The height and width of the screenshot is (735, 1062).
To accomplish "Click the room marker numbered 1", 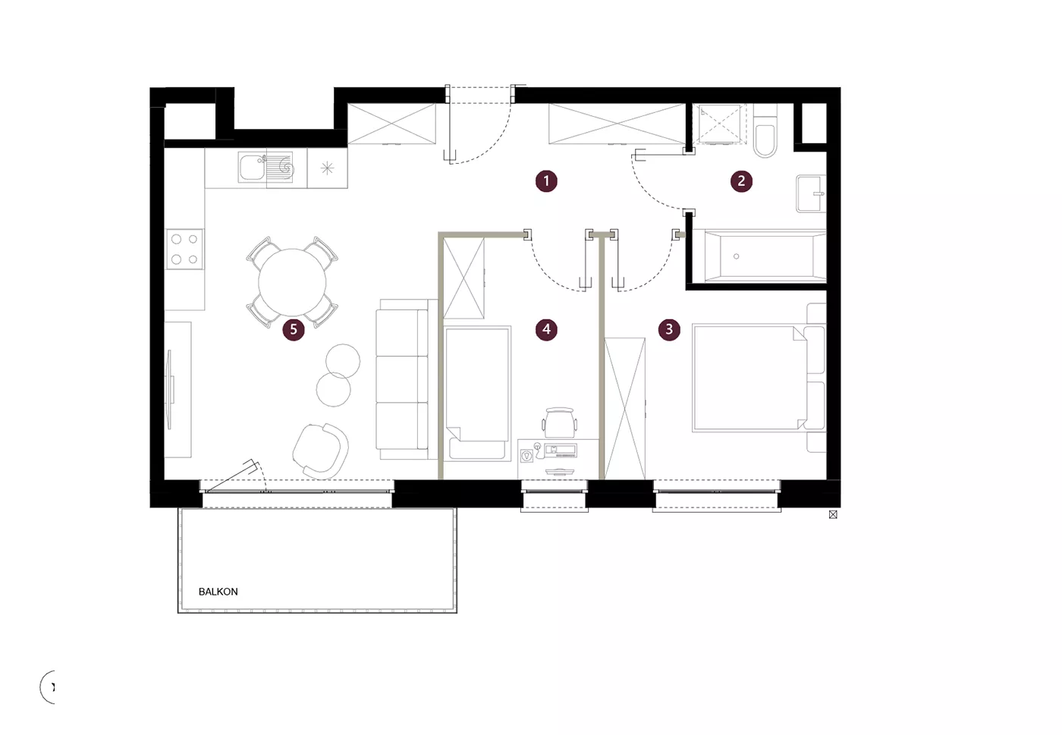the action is pyautogui.click(x=546, y=181).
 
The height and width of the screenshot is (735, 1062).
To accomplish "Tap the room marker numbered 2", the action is pyautogui.click(x=742, y=181).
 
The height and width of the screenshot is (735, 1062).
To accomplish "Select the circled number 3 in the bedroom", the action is pyautogui.click(x=669, y=329).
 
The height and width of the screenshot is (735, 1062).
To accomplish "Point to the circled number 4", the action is pyautogui.click(x=546, y=329).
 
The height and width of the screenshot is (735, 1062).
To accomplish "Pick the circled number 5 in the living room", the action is pyautogui.click(x=294, y=329).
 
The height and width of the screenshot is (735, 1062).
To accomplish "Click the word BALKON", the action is pyautogui.click(x=218, y=592).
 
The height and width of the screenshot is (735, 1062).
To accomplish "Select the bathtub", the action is pyautogui.click(x=765, y=256).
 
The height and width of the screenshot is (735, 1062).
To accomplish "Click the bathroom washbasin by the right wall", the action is pyautogui.click(x=811, y=193).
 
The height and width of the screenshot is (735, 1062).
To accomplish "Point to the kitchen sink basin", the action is pyautogui.click(x=252, y=168).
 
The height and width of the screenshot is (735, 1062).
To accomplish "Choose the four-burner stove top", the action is pyautogui.click(x=184, y=249).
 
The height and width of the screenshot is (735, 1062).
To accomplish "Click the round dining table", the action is pyautogui.click(x=292, y=282).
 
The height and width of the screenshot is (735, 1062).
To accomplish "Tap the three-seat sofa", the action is pyautogui.click(x=407, y=379).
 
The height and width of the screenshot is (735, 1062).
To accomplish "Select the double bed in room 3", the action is pyautogui.click(x=759, y=378).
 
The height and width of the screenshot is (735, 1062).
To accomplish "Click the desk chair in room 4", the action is pyautogui.click(x=560, y=422).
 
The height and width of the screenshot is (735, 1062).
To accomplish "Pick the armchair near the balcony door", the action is pyautogui.click(x=321, y=451).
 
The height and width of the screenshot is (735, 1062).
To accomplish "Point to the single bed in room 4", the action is pyautogui.click(x=477, y=393).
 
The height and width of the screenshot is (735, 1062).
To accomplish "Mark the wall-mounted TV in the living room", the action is pyautogui.click(x=170, y=390).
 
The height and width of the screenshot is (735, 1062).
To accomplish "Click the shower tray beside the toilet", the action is pyautogui.click(x=719, y=124).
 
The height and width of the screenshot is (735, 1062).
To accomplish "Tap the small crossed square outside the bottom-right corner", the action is pyautogui.click(x=833, y=514).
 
